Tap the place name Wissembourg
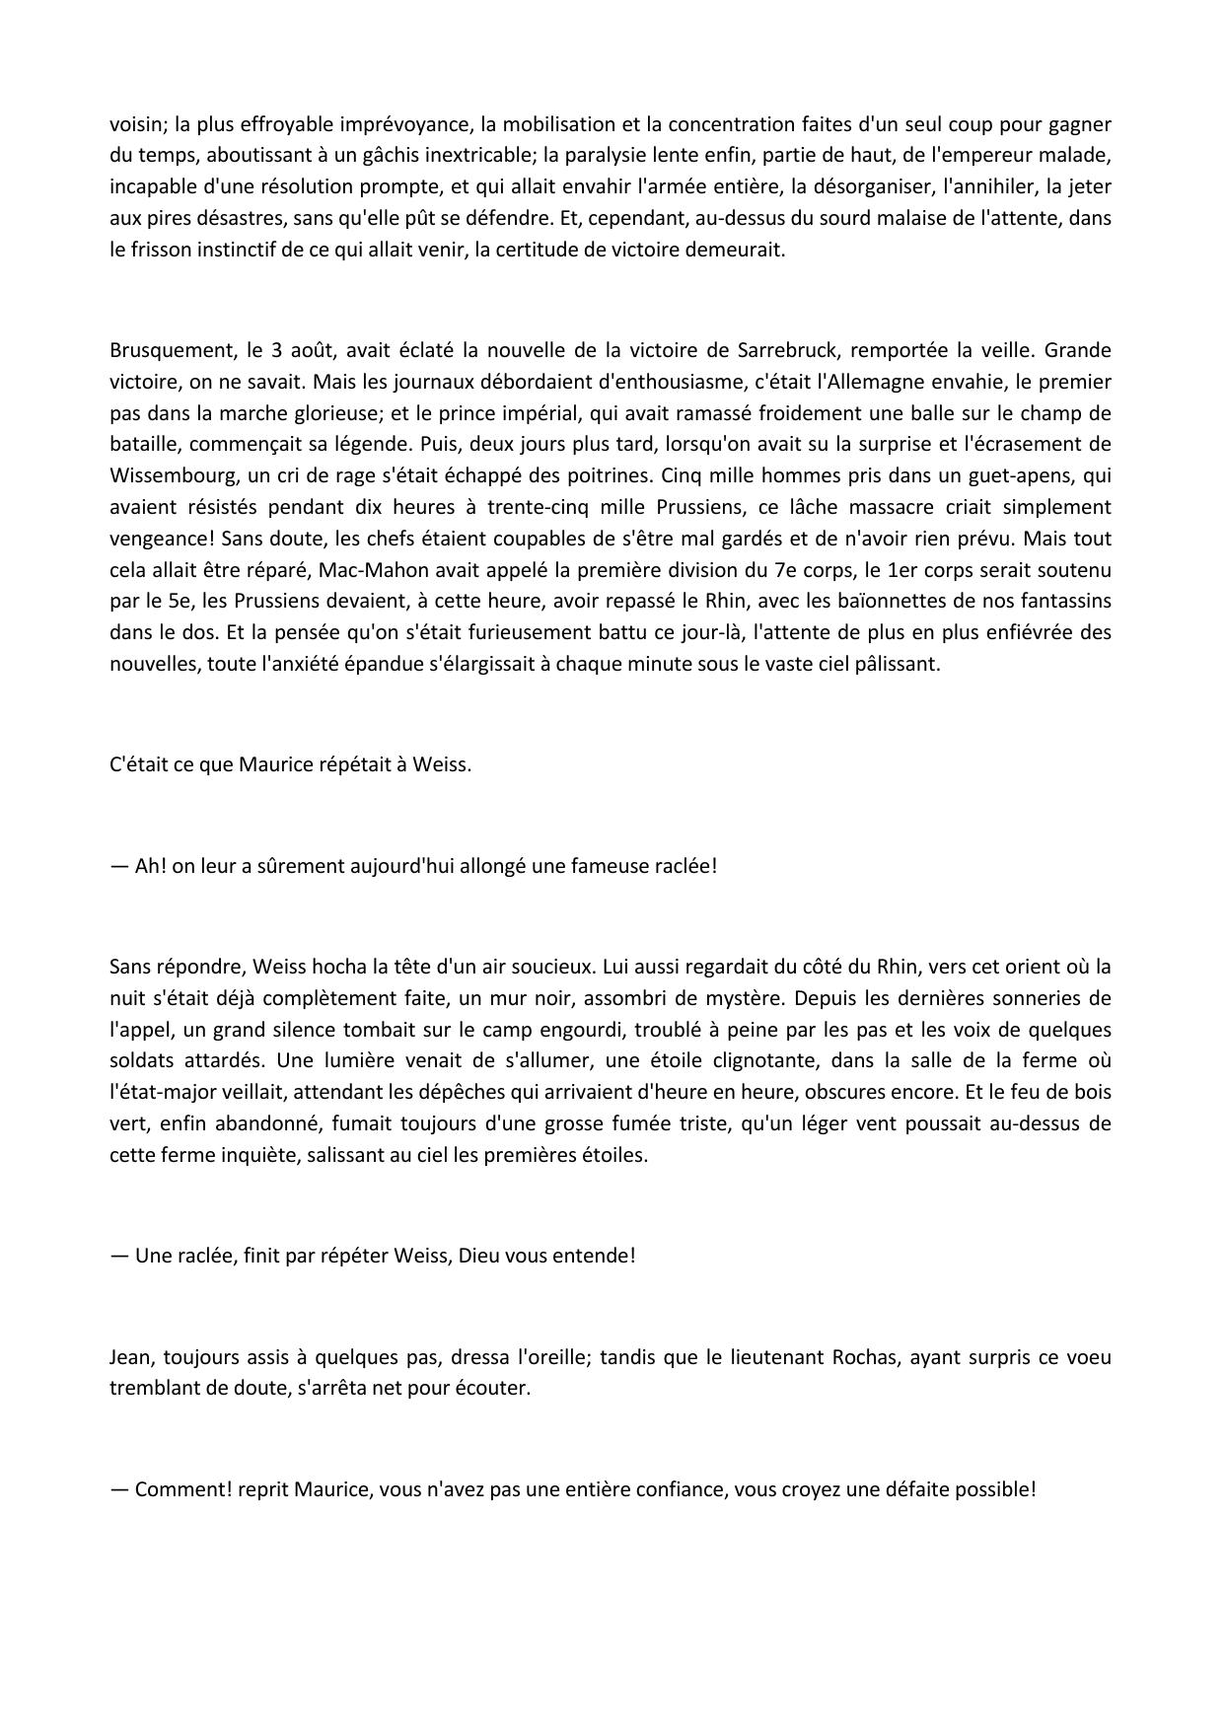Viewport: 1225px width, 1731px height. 169,475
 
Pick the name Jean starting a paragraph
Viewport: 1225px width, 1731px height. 130,1356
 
